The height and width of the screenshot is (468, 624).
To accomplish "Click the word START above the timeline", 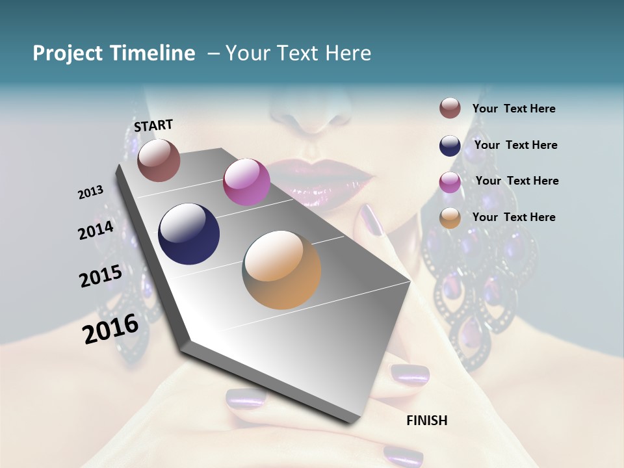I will click(x=153, y=125).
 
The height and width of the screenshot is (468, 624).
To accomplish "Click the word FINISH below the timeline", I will click(x=427, y=421).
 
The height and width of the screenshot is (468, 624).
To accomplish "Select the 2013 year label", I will click(x=91, y=192).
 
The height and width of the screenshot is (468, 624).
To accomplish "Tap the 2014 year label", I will click(x=96, y=230).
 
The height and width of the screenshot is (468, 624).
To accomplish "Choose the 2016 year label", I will click(x=111, y=329).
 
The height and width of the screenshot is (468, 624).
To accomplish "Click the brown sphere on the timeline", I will click(x=159, y=160).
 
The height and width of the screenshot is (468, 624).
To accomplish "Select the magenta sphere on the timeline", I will click(x=246, y=182).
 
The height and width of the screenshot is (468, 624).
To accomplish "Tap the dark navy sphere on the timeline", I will click(x=189, y=234).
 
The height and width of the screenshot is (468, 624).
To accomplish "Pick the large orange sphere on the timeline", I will click(x=282, y=270).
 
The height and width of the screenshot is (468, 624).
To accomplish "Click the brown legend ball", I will click(x=450, y=109).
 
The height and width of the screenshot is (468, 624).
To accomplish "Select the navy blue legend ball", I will click(x=450, y=146).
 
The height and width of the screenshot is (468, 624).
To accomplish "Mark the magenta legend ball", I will click(x=450, y=181).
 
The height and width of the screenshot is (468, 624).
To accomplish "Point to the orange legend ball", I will click(x=450, y=218).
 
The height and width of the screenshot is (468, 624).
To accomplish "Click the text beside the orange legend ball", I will click(x=514, y=217).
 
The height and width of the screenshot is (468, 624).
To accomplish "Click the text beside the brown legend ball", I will click(x=514, y=109).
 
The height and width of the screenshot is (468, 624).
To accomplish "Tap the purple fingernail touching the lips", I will click(x=372, y=219).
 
